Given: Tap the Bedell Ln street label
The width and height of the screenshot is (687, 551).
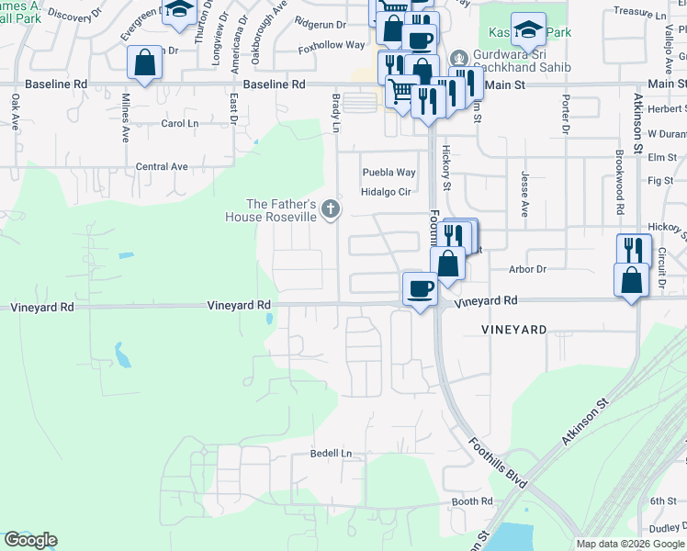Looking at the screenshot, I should pos(332,454).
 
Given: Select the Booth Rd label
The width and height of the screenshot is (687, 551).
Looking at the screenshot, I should pos(472,501).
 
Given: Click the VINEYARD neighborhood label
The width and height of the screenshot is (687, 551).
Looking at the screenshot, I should pos(514,329).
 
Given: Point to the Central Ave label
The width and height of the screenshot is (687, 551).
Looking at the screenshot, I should pos(162,166).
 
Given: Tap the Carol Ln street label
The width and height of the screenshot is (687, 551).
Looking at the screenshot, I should pos(179,123).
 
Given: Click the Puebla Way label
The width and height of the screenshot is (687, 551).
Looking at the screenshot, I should pos(389,172).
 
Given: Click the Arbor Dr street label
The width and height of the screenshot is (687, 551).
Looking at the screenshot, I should pos(527,269).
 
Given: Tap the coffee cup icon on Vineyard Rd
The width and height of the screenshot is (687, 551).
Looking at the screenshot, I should pos(420,288).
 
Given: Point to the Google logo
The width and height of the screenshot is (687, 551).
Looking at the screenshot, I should pos(30,540).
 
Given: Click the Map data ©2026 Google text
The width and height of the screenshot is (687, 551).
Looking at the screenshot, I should pos(629,544).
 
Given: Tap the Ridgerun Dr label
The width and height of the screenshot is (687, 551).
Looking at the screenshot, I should pos(321,23).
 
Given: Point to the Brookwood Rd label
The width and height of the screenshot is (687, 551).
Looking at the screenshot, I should pos(620,183).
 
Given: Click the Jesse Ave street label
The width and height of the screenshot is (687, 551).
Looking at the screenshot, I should pos(525,194).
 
